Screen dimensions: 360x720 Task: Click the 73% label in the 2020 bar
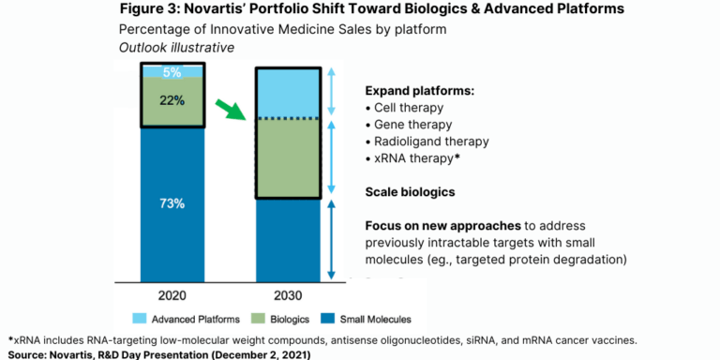pyautogui.click(x=172, y=203)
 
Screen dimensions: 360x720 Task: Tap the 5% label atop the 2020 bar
pyautogui.click(x=172, y=71)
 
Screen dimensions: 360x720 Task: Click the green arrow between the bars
pyautogui.click(x=229, y=110)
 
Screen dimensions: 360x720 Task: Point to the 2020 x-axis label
pyautogui.click(x=172, y=293)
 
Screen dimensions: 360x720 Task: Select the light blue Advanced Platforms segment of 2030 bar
pyautogui.click(x=291, y=92)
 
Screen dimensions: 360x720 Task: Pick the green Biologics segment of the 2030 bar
pyautogui.click(x=291, y=157)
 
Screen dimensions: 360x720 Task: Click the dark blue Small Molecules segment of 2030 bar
pyautogui.click(x=291, y=239)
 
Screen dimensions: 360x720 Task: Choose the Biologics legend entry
pyautogui.click(x=280, y=319)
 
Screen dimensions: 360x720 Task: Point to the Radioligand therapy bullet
pyautogui.click(x=427, y=142)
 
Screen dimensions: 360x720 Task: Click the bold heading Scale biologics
pyautogui.click(x=411, y=192)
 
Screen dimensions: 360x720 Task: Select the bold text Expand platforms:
pyautogui.click(x=418, y=91)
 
